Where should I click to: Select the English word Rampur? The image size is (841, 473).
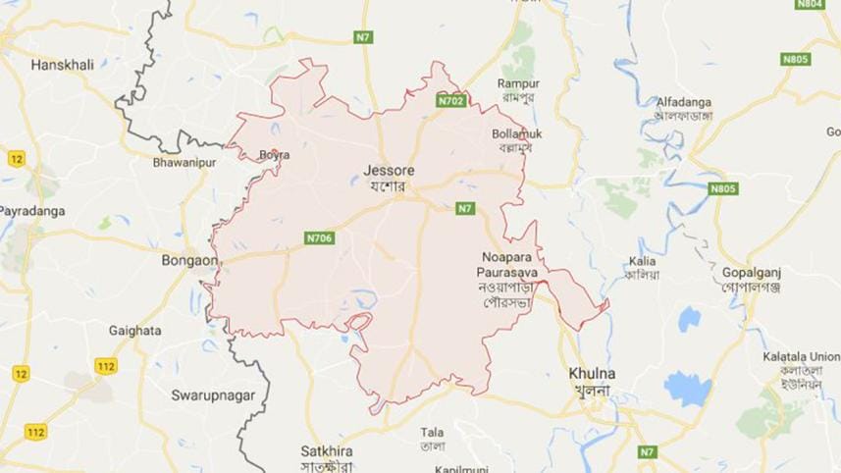[x=519, y=83]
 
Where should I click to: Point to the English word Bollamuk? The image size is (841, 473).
[x=518, y=133]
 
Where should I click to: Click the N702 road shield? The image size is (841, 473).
[x=451, y=100]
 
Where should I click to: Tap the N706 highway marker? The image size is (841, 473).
[x=319, y=236]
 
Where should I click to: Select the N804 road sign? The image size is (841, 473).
[x=810, y=5]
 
